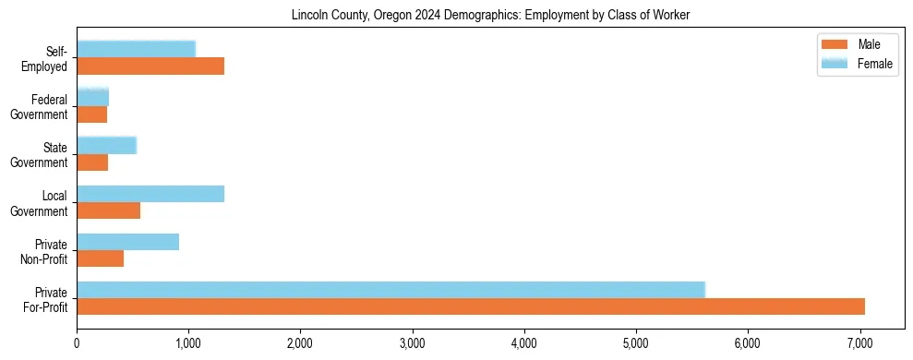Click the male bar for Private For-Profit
click(x=471, y=306)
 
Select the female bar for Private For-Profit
click(x=390, y=290)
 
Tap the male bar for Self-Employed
click(x=150, y=66)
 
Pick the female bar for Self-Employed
click(x=136, y=49)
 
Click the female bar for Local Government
click(x=150, y=194)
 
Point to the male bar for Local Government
click(x=108, y=210)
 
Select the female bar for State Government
click(x=106, y=145)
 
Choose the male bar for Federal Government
click(x=91, y=114)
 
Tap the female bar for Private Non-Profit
click(x=127, y=242)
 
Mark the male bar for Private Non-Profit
click(x=100, y=258)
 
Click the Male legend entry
click(x=854, y=44)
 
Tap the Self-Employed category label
click(x=50, y=59)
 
